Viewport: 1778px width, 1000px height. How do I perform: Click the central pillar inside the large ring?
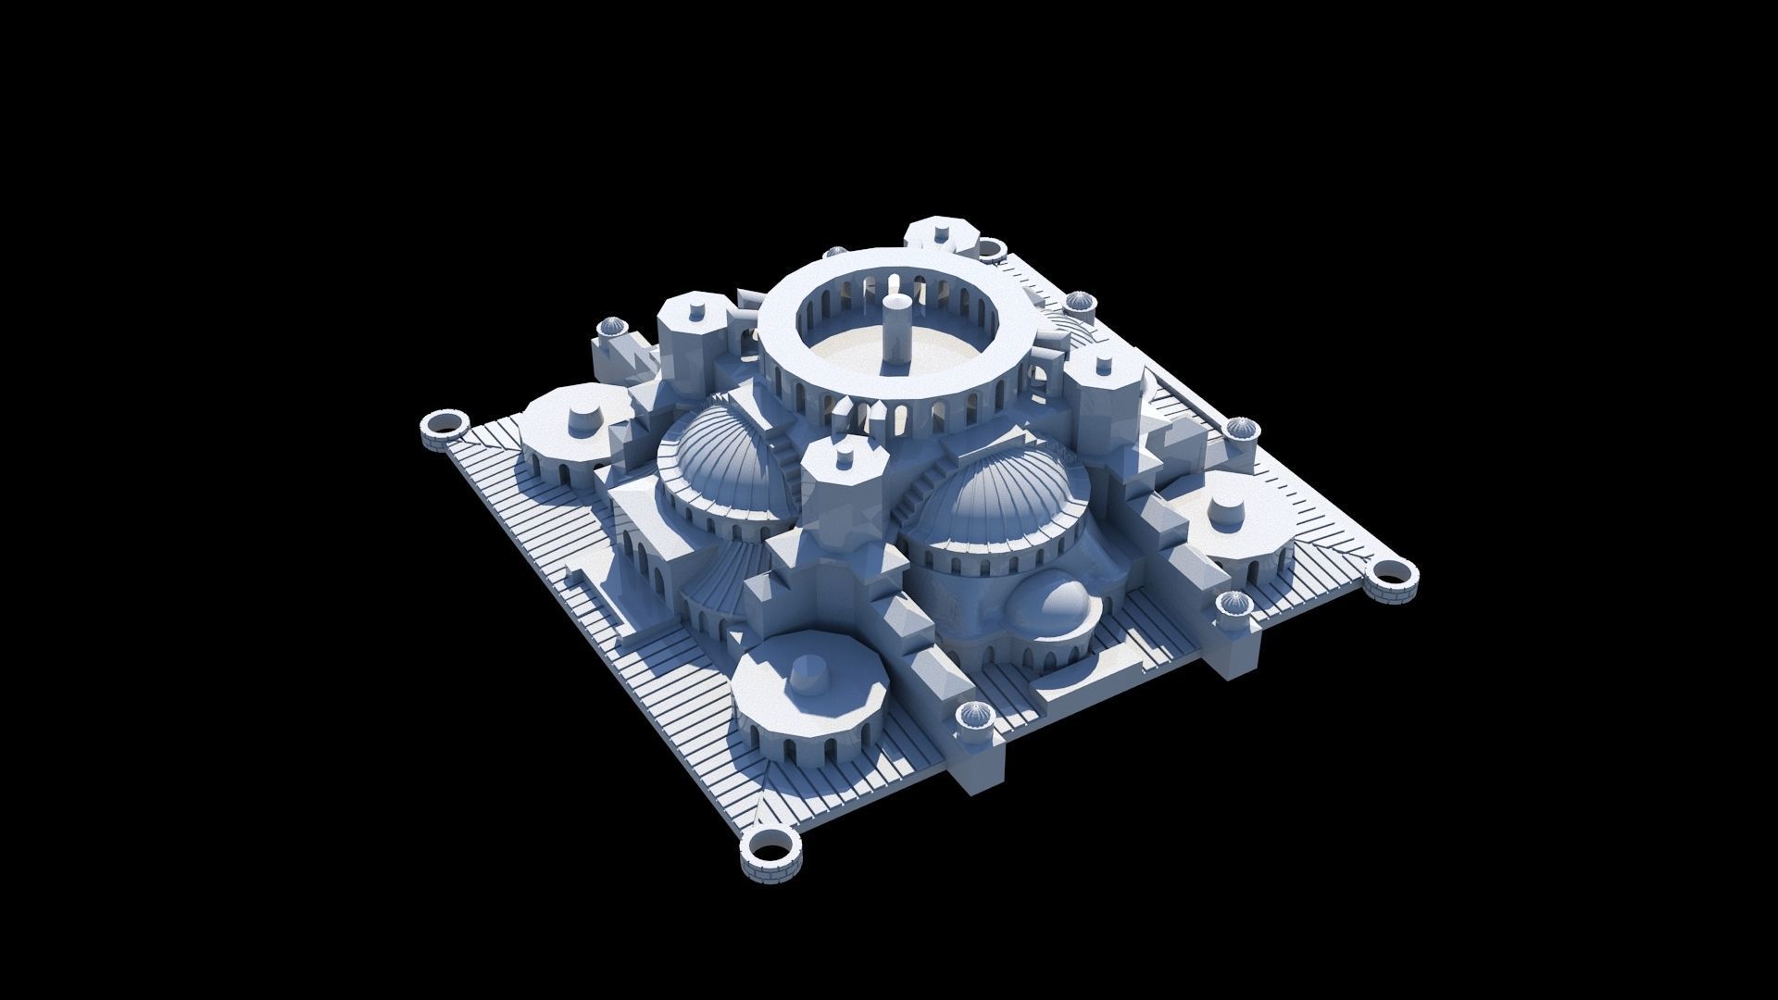point(895,331)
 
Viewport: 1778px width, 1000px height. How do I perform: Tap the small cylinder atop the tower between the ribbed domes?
point(846,455)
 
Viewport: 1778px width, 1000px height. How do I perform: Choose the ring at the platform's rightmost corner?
point(1390,579)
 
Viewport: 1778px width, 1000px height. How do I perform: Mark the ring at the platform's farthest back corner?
point(992,248)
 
